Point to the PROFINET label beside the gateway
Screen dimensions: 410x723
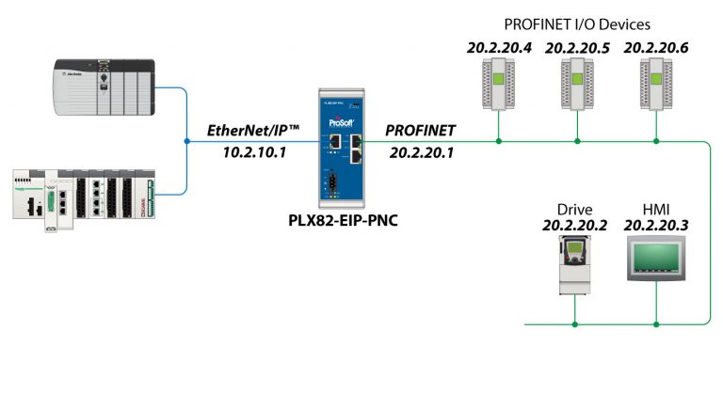(420, 130)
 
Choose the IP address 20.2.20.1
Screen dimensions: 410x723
(421, 151)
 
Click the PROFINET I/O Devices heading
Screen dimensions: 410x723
(576, 24)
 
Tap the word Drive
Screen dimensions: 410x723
(574, 209)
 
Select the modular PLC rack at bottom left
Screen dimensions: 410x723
(94, 197)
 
